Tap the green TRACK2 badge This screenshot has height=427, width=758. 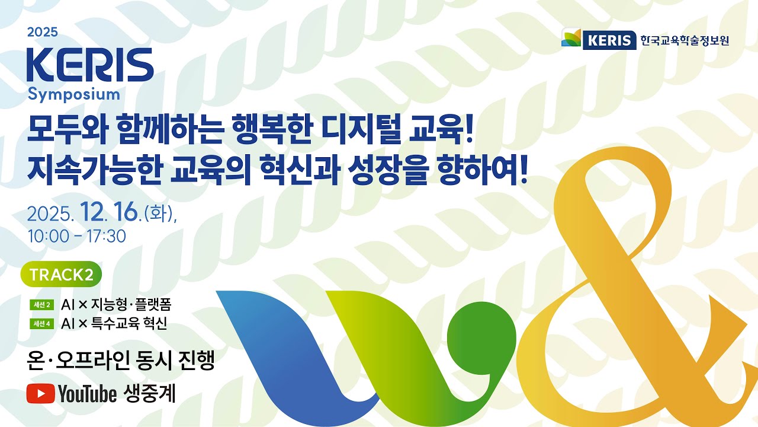pos(62,275)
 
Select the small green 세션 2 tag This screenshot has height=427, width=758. pos(42,305)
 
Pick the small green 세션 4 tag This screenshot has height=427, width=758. pos(42,324)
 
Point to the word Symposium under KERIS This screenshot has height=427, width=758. pos(73,94)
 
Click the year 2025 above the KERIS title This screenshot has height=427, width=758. pos(43,33)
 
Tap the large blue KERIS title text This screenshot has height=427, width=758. pos(90,65)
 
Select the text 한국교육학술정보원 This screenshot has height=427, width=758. pos(685,40)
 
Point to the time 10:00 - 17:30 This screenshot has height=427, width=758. pos(77,236)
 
